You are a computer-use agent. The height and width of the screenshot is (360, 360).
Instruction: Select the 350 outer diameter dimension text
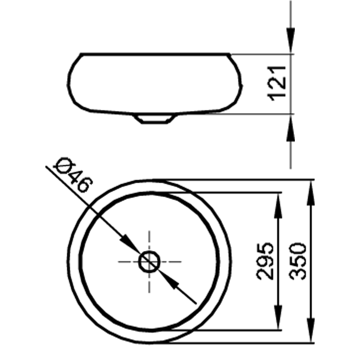click(298, 261)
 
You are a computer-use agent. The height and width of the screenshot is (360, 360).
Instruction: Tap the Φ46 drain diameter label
click(73, 175)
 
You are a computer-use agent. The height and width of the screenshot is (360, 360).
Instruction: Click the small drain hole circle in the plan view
click(149, 262)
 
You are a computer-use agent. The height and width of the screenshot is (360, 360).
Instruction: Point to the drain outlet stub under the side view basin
click(154, 119)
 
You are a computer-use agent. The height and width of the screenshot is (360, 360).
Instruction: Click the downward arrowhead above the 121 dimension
click(291, 40)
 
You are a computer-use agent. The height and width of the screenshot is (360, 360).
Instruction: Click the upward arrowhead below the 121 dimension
click(291, 128)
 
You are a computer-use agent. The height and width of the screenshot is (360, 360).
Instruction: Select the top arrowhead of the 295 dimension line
click(278, 206)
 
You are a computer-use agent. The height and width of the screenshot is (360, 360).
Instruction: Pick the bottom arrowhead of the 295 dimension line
click(278, 317)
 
